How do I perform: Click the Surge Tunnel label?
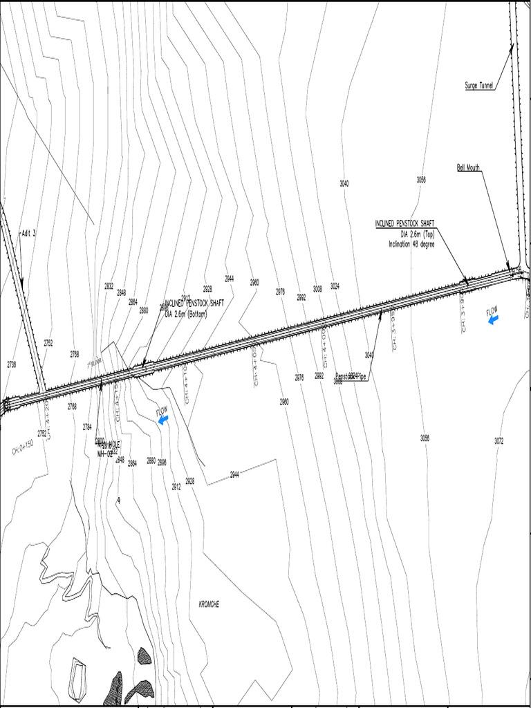click(479, 86)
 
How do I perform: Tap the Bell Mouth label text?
click(468, 167)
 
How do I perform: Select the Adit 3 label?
click(28, 233)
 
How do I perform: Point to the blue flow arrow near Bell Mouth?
click(493, 319)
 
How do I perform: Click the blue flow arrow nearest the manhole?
click(163, 419)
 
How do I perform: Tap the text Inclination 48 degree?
click(411, 243)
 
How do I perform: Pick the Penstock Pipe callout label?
click(353, 376)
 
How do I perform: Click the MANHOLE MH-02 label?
click(108, 449)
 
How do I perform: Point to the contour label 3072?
click(499, 440)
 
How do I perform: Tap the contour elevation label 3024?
click(335, 286)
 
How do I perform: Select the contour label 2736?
click(12, 364)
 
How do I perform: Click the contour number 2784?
click(87, 427)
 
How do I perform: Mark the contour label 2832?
click(109, 286)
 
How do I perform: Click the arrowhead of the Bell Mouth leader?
click(509, 268)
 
